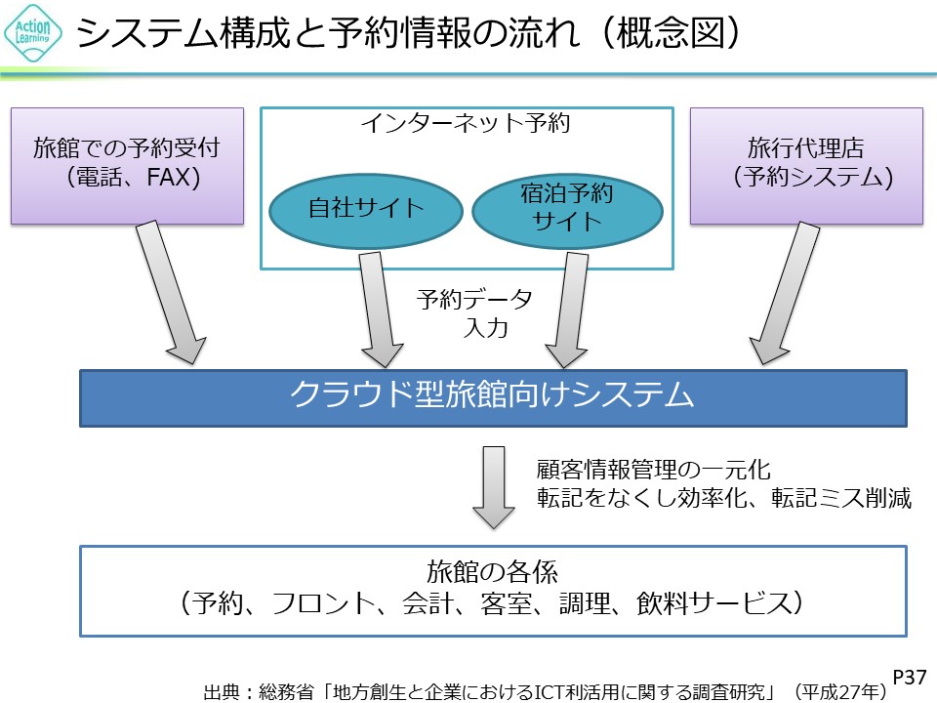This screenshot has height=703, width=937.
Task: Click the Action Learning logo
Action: (33, 33)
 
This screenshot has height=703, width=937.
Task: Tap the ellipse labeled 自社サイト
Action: (352, 207)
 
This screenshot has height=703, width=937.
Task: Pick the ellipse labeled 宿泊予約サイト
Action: (566, 207)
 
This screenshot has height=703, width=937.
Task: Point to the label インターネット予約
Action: (465, 124)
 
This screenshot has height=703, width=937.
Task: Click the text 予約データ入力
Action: (475, 312)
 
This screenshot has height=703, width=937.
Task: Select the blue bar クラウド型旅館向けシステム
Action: (492, 396)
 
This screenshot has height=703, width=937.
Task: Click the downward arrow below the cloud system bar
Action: (494, 486)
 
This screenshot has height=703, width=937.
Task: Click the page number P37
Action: (910, 677)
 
